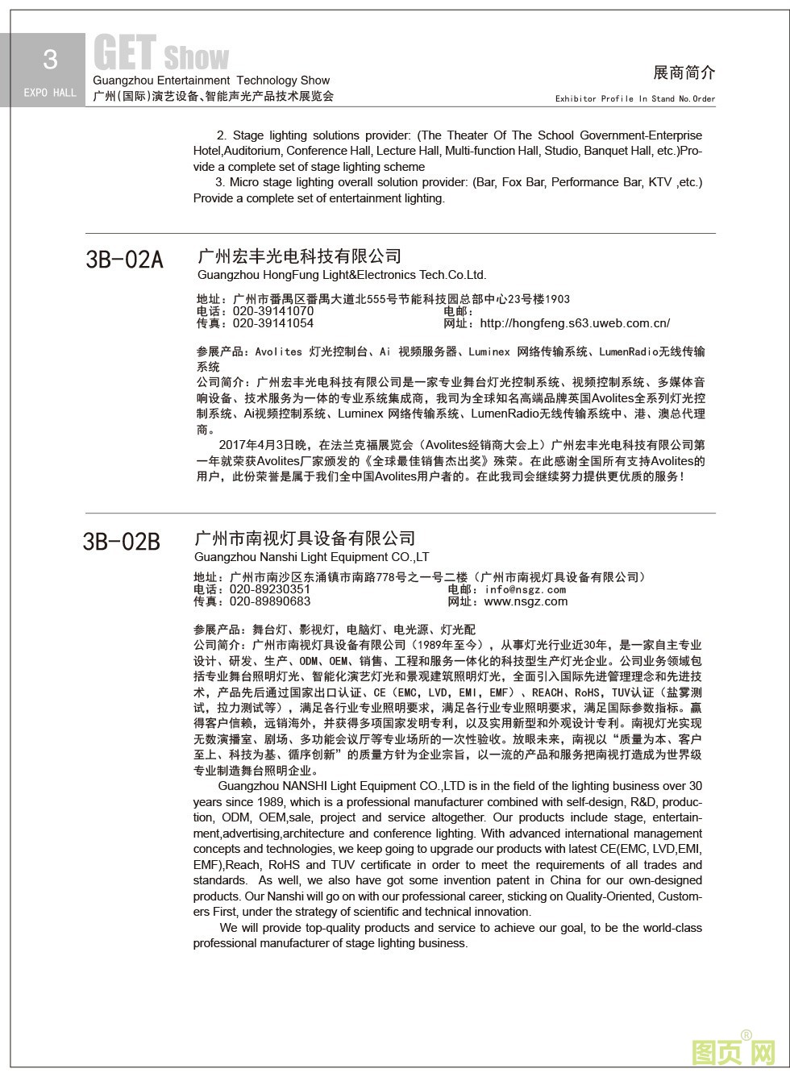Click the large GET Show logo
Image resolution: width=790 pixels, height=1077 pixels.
point(161,54)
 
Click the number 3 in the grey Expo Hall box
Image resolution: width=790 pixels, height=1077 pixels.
point(50,59)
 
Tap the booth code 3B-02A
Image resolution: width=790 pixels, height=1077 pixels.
point(124,260)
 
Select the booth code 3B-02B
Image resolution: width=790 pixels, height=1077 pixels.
point(122,542)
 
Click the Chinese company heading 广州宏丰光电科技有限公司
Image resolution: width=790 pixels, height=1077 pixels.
point(299,256)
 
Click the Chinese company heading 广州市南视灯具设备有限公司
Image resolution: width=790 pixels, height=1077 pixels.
point(305,538)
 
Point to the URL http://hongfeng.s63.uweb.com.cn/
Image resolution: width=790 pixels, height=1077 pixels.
point(575,323)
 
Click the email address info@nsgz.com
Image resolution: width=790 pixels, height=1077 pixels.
point(526,589)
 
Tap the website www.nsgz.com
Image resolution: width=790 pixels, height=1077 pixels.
point(526,601)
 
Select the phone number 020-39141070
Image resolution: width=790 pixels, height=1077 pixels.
point(273,311)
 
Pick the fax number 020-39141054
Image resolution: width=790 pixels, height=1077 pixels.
point(273,323)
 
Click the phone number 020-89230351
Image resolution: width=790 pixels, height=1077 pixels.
point(270,589)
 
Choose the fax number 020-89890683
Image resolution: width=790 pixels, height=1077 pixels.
point(270,601)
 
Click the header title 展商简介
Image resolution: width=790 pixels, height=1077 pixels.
point(684,73)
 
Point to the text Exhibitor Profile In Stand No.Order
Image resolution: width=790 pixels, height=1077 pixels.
point(635,98)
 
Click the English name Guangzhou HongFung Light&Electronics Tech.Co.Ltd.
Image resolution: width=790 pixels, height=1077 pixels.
point(342,275)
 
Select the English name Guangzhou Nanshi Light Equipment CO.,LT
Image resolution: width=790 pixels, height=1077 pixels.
point(312,557)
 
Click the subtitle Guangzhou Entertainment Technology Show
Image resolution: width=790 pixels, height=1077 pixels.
point(211,81)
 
